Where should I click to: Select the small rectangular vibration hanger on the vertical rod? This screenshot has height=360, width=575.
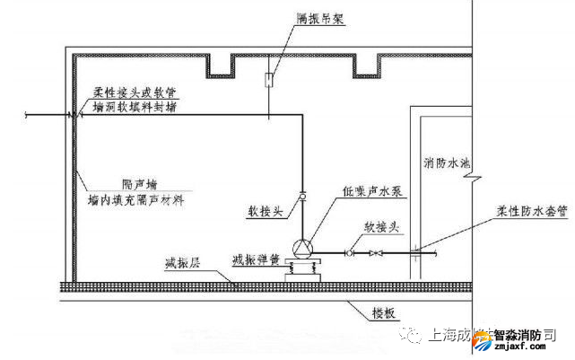(x=269, y=81)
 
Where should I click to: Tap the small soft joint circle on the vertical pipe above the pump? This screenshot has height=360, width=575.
(x=302, y=196)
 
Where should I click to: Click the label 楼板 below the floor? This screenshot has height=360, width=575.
(x=382, y=313)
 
